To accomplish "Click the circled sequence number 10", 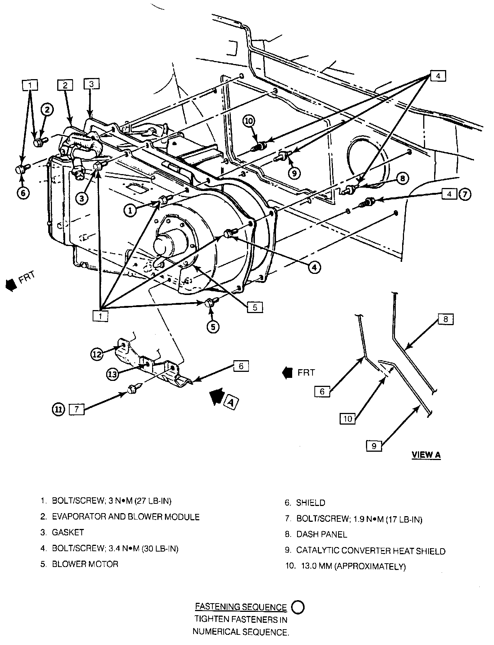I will [x=249, y=121].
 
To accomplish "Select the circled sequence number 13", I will [x=113, y=374].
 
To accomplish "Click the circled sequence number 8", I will [x=403, y=178].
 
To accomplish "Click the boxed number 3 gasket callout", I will [x=91, y=84].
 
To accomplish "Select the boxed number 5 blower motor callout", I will [x=255, y=307].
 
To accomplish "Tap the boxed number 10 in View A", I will [x=348, y=419].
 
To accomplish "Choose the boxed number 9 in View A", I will [x=374, y=446].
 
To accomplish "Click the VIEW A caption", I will [x=426, y=454].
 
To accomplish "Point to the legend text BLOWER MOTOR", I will [x=85, y=564].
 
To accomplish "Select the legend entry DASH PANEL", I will [x=322, y=534].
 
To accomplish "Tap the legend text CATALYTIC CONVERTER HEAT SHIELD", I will [x=371, y=551].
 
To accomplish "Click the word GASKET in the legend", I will [x=68, y=532].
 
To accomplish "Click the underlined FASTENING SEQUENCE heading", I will [x=241, y=607].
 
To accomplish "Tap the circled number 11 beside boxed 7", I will [x=59, y=410].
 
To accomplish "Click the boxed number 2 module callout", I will [x=65, y=86].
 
